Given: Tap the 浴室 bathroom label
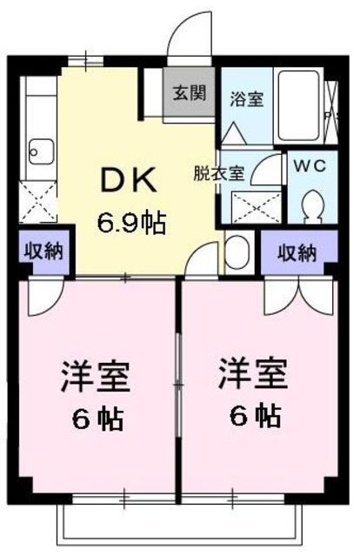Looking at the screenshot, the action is tap(247, 98).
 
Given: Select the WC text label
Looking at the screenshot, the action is tap(310, 165).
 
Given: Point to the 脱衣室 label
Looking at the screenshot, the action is tap(219, 174).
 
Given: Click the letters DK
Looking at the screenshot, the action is tap(129, 179).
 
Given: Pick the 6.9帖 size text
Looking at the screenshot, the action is tap(131, 223).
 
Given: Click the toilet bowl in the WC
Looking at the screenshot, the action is tap(312, 207).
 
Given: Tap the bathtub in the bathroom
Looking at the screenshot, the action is tap(298, 105).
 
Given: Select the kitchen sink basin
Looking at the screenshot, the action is tap(42, 151).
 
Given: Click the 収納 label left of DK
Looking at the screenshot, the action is tap(43, 252).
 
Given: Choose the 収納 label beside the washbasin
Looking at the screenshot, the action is tap(297, 253).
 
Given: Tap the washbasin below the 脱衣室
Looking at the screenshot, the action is tap(237, 252).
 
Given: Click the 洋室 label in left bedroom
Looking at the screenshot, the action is tap(96, 377).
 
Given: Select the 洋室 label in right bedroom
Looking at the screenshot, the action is tap(253, 373).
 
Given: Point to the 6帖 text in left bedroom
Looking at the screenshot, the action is tap(97, 419).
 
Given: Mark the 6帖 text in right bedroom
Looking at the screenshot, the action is tap(256, 415).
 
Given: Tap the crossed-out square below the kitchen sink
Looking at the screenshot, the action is tap(38, 201).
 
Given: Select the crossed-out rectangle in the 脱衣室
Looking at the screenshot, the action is tap(257, 207).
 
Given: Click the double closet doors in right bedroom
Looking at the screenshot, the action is tap(299, 297).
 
